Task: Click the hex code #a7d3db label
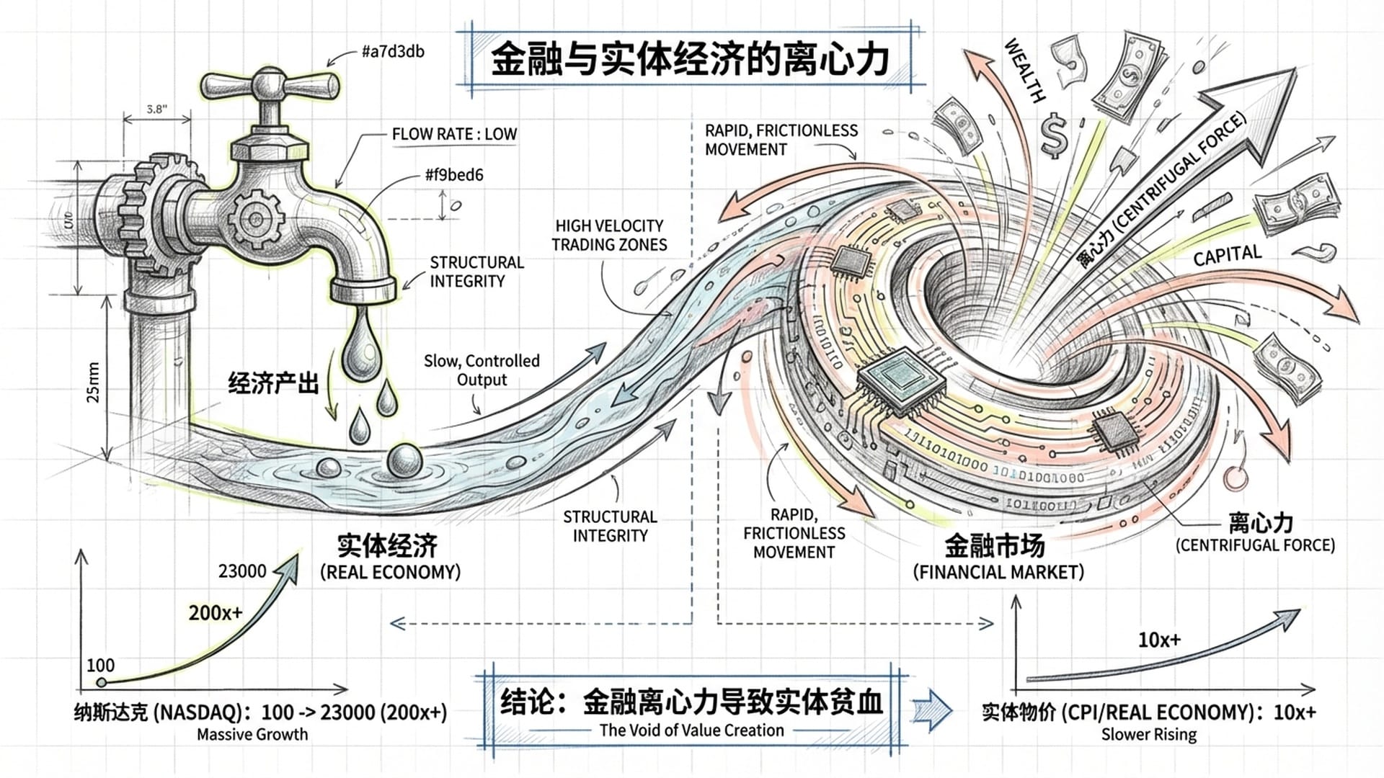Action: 392,51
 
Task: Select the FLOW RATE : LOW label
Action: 454,134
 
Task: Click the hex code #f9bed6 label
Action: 453,175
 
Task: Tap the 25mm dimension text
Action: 93,383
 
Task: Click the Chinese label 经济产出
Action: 273,383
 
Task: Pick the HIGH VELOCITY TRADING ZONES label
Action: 609,236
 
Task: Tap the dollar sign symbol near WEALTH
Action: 1055,135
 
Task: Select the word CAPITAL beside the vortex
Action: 1227,255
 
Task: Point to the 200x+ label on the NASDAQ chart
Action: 216,613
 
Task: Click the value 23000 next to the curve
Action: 242,571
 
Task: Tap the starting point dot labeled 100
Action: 102,682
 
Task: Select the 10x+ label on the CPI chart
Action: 1159,640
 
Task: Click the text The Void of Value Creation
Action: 691,730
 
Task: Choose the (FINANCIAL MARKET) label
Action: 998,573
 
